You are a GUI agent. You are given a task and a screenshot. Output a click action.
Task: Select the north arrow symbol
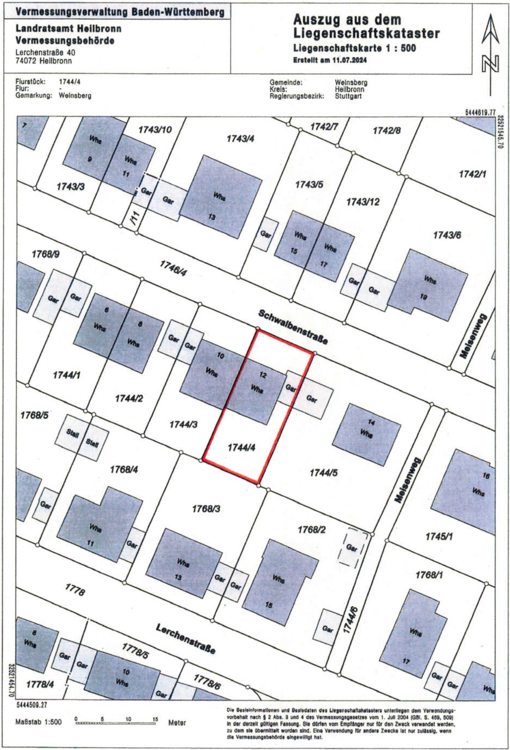pyautogui.click(x=490, y=55)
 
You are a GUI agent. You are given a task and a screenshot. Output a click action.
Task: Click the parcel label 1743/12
pyautogui.click(x=363, y=202)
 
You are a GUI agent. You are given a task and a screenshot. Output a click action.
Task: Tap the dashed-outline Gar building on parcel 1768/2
pyautogui.click(x=352, y=548)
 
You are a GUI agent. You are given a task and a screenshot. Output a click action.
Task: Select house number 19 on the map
pyautogui.click(x=423, y=297)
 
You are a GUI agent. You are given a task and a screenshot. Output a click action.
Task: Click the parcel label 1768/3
pyautogui.click(x=206, y=509)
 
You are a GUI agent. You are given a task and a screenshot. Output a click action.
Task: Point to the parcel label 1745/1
pyautogui.click(x=439, y=537)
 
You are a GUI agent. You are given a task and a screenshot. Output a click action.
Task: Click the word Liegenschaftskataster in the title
pyautogui.click(x=366, y=33)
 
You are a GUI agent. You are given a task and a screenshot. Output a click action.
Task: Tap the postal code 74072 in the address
pyautogui.click(x=26, y=61)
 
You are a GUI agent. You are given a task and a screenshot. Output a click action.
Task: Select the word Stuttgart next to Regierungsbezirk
pyautogui.click(x=348, y=96)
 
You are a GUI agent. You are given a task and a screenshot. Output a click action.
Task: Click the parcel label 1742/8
pyautogui.click(x=387, y=131)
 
